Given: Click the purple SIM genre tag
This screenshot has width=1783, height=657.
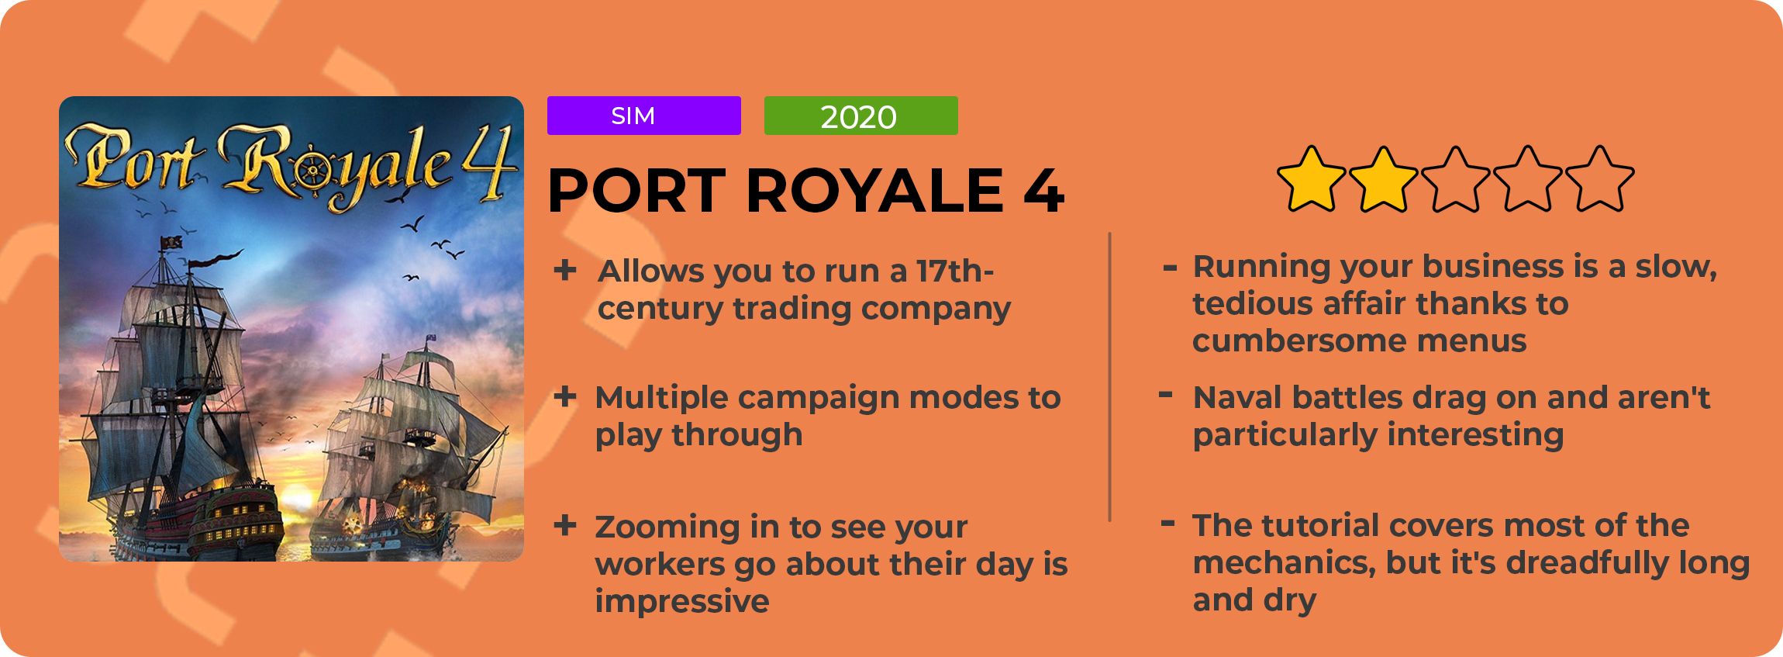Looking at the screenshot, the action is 643,116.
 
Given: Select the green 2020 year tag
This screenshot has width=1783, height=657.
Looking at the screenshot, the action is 860,116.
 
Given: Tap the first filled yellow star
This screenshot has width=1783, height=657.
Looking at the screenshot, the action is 1311,179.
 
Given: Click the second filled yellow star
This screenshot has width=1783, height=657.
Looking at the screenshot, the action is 1383,179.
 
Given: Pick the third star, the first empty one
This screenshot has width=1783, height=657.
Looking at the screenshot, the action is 1455,179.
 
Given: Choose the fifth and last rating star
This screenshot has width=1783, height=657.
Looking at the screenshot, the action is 1599,179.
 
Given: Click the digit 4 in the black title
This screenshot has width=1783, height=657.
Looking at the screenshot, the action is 1043,191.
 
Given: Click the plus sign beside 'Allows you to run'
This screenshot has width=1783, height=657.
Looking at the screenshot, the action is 565,270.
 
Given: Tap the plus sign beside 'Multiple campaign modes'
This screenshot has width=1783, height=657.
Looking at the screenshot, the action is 565,396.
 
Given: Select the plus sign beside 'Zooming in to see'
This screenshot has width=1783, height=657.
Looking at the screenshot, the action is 565,525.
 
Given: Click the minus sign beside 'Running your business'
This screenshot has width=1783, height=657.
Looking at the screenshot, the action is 1170,268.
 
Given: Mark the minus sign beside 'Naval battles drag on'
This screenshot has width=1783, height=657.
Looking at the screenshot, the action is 1165,395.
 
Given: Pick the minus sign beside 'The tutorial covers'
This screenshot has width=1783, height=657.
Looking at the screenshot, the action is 1167,523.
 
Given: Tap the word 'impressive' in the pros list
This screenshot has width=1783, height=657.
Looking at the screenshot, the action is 682,601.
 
